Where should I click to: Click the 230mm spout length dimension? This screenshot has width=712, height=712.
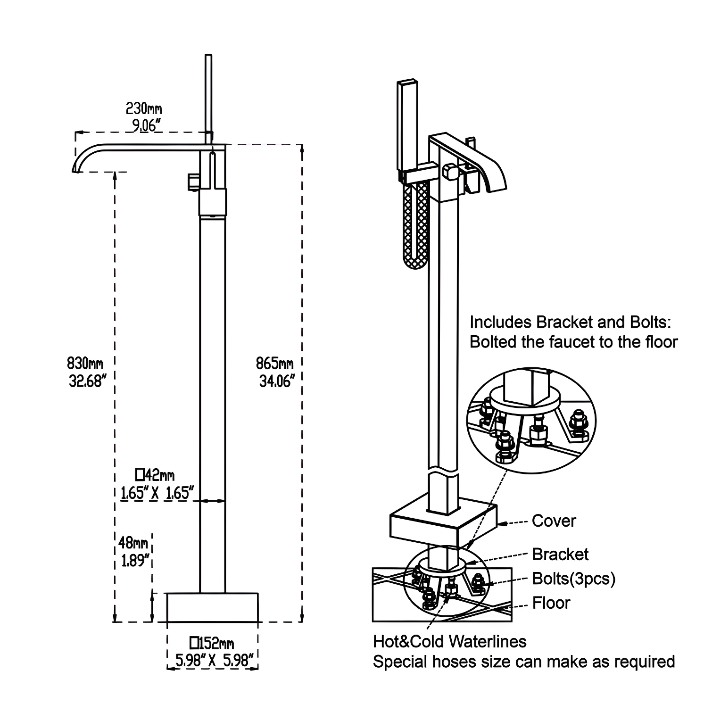click(144, 109)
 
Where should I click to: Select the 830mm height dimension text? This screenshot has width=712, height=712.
click(85, 364)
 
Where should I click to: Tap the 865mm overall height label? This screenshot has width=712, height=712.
click(274, 364)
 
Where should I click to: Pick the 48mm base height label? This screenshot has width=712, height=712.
click(133, 543)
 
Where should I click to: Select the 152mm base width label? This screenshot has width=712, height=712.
click(212, 643)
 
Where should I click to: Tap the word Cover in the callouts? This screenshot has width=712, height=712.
click(554, 521)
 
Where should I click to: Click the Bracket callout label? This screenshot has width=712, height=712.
click(560, 555)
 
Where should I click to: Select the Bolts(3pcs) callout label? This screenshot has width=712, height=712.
click(573, 579)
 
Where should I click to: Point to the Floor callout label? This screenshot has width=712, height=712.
click(551, 603)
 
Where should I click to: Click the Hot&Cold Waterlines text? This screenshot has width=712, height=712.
click(449, 642)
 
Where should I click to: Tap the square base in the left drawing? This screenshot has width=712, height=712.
click(212, 607)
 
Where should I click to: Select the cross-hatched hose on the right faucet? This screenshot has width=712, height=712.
click(416, 226)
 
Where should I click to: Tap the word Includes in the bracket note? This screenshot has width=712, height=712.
click(500, 323)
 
